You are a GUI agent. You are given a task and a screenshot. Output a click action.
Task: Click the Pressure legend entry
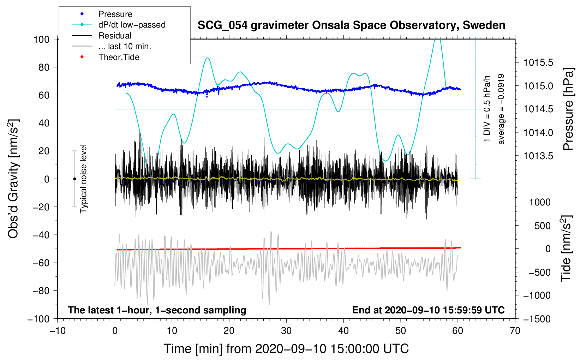click(x=115, y=14)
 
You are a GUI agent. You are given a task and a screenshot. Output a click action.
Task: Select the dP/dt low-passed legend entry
click(x=132, y=25)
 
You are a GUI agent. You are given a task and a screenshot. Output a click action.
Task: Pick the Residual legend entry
click(x=115, y=36)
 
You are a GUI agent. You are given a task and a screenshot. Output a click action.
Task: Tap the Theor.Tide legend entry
click(x=119, y=57)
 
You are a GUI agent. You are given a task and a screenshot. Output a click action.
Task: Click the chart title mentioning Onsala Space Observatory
click(x=351, y=25)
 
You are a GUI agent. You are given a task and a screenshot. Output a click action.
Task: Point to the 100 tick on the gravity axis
click(x=41, y=39)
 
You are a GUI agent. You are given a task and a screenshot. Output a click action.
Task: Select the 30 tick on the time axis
click(x=286, y=331)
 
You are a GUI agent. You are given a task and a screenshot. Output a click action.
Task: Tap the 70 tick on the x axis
click(x=515, y=331)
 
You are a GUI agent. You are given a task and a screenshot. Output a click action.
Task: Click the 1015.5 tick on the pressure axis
click(x=538, y=63)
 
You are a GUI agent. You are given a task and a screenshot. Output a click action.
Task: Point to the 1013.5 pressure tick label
click(x=538, y=156)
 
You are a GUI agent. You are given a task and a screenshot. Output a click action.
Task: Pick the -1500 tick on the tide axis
click(x=537, y=319)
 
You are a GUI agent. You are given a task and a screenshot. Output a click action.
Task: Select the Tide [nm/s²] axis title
click(x=566, y=248)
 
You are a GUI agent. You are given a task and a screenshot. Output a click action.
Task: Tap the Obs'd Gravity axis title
click(x=13, y=179)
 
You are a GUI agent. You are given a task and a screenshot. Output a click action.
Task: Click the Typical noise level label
click(x=83, y=179)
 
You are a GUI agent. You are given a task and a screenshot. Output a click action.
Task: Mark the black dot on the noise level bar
click(x=74, y=179)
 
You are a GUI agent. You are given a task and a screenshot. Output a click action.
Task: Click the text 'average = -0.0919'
click(x=501, y=109)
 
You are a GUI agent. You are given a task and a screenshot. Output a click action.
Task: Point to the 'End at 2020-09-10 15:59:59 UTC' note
click(x=428, y=310)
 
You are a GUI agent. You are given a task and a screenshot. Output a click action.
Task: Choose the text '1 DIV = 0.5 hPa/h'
click(x=487, y=109)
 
